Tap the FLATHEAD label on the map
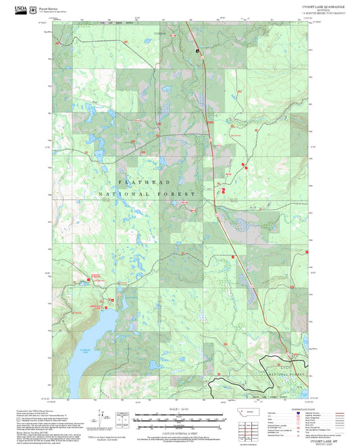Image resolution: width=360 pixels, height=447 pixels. pyautogui.click(x=146, y=182)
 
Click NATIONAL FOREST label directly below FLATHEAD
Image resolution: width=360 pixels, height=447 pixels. pyautogui.click(x=147, y=194)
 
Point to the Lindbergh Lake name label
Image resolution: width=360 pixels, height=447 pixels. pyautogui.click(x=84, y=349)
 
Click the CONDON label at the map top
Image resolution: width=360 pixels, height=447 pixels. pyautogui.click(x=158, y=33)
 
